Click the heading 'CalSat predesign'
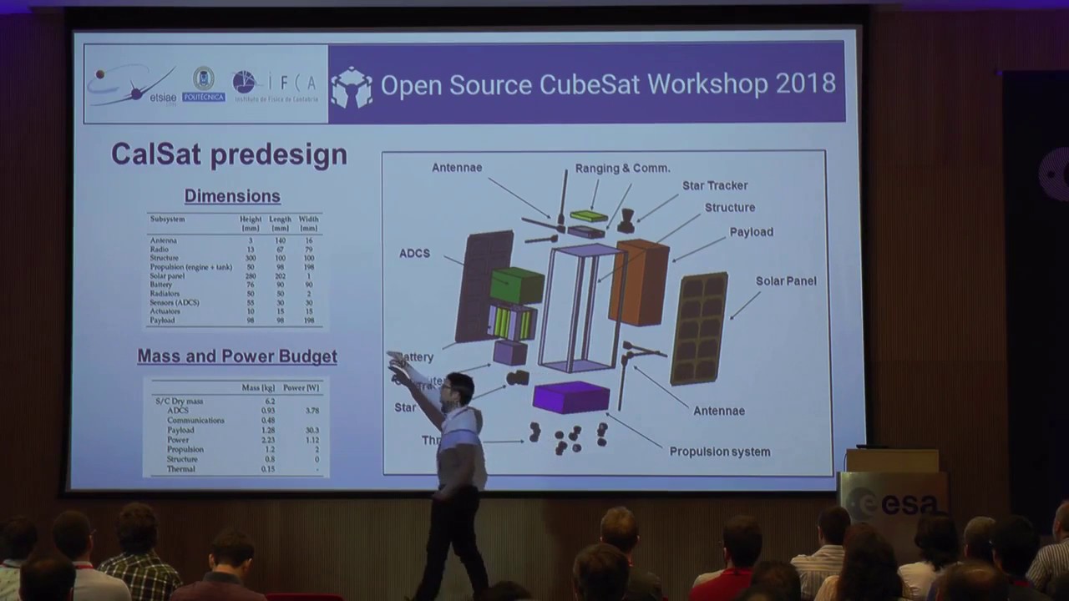click(229, 154)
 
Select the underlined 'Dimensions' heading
click(232, 196)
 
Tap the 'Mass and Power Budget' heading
click(237, 356)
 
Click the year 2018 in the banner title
click(805, 83)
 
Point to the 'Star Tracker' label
click(714, 185)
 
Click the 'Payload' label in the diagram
click(751, 232)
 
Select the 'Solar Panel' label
click(786, 281)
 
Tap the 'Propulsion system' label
click(719, 452)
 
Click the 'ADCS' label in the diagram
click(414, 253)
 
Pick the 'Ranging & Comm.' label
click(622, 168)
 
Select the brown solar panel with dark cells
click(698, 327)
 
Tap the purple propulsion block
click(571, 396)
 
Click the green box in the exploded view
click(516, 285)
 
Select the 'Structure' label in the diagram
click(729, 208)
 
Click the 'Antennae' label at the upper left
click(456, 168)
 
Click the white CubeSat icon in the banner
click(352, 86)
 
